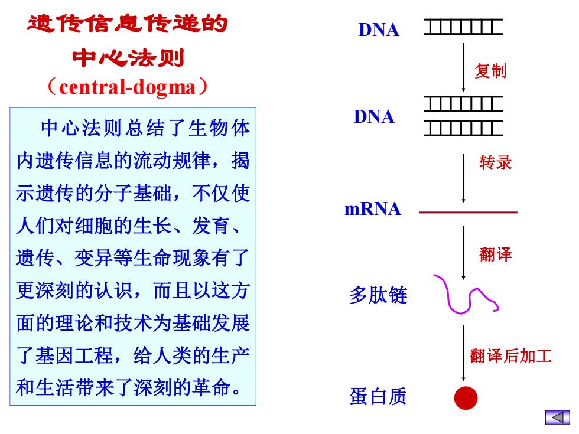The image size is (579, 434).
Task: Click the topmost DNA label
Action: [x=379, y=30]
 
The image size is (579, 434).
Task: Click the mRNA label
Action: [x=373, y=209]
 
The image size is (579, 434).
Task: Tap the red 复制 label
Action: [x=490, y=70]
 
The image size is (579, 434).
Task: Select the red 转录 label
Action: [x=496, y=162]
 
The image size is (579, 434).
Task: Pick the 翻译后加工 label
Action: [x=510, y=356]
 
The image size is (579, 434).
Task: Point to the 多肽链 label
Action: [x=379, y=295]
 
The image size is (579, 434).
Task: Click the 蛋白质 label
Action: [x=378, y=396]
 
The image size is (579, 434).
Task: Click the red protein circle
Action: [x=466, y=398]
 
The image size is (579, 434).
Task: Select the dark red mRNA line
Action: [x=468, y=213]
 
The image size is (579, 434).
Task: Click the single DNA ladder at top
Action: [x=463, y=27]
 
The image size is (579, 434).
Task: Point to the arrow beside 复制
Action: [x=463, y=67]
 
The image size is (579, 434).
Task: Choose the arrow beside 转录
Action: [x=463, y=178]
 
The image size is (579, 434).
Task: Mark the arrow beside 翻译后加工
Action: [x=463, y=353]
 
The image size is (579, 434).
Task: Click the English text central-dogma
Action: [x=128, y=87]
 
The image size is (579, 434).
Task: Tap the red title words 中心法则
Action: [x=128, y=58]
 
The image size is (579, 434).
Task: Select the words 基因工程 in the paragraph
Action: [x=74, y=355]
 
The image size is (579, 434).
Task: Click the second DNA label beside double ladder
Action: [x=374, y=117]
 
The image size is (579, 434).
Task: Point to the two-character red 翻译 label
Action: [x=496, y=254]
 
